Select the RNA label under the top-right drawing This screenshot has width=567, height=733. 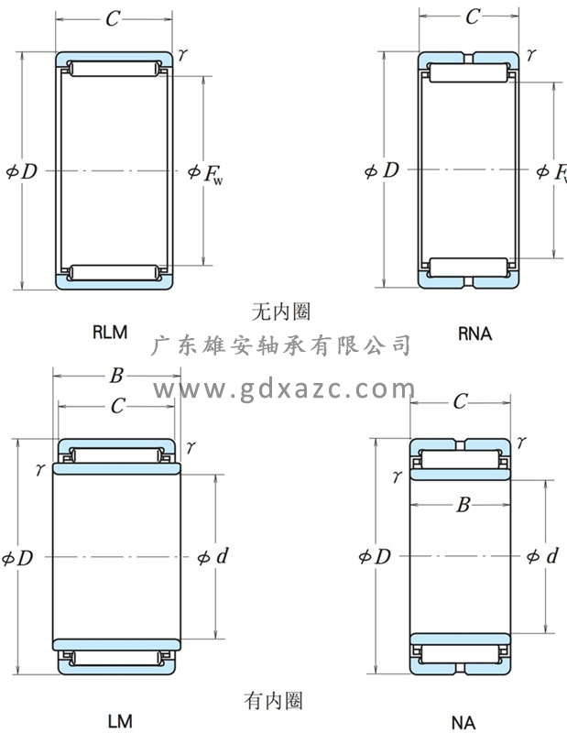point(474,334)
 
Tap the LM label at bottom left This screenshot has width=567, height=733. point(119,721)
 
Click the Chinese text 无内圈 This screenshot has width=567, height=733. point(280,312)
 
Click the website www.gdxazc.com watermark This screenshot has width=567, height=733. point(283,390)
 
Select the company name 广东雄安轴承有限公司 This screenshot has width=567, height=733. point(281,345)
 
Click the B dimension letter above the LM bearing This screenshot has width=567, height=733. point(116,375)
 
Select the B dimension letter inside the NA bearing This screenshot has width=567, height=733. point(463,505)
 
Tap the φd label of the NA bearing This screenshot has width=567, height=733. point(543,556)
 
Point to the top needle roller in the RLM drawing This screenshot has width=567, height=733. point(114,70)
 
